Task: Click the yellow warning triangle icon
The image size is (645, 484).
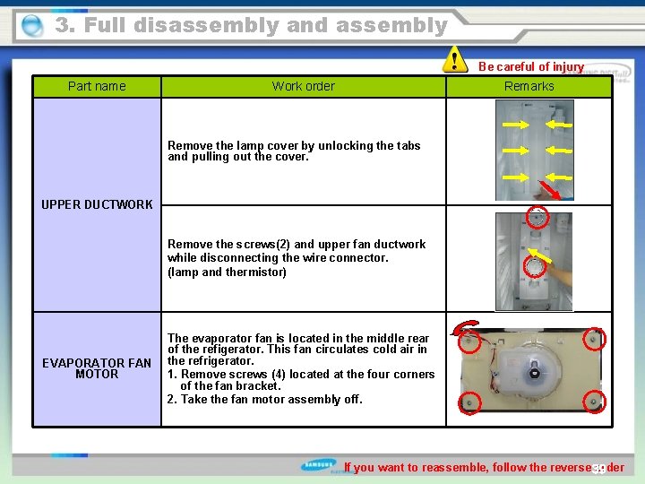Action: (x=456, y=60)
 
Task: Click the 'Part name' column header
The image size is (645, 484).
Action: (x=97, y=86)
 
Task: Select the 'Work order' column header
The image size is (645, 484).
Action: (x=303, y=86)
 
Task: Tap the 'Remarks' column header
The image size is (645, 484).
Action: (x=529, y=86)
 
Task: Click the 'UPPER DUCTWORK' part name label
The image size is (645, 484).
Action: (x=97, y=204)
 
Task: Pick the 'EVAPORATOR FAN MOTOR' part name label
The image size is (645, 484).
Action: (x=97, y=368)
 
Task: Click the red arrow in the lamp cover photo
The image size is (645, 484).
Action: (x=547, y=190)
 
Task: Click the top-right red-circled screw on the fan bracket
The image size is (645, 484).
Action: (x=594, y=339)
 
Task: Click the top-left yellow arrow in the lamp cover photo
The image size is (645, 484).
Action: (x=513, y=118)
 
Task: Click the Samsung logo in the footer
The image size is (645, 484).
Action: (x=320, y=466)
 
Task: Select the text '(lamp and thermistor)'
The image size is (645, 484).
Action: (x=227, y=272)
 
